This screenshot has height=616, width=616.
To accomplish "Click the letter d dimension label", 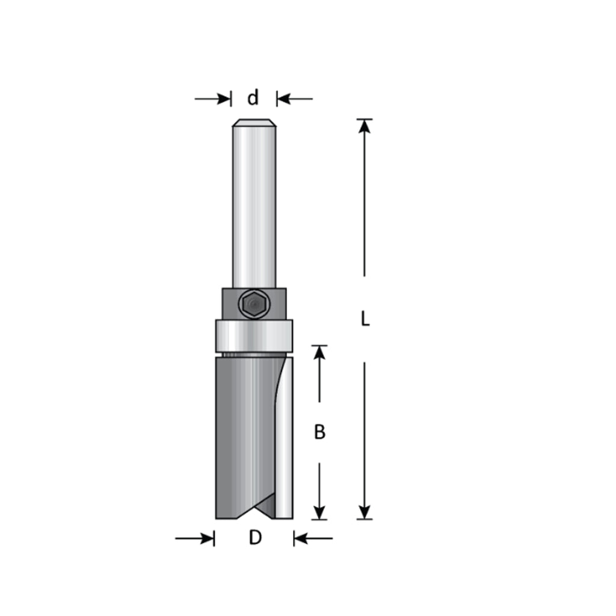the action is tap(253, 97).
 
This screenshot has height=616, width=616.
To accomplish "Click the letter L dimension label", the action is tap(365, 319).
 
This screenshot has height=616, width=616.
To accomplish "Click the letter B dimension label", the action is tap(320, 432).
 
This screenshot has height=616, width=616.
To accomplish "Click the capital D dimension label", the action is tap(255, 537).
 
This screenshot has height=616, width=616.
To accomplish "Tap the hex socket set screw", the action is tap(253, 304).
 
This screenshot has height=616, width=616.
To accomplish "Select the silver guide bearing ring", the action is tap(254, 336).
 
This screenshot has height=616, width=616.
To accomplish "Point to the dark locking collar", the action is tap(254, 304).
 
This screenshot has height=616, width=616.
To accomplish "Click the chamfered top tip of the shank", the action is tap(254, 123).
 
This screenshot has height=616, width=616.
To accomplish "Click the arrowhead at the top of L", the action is tap(365, 126).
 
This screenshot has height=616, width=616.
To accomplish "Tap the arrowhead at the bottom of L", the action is tap(365, 511).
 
